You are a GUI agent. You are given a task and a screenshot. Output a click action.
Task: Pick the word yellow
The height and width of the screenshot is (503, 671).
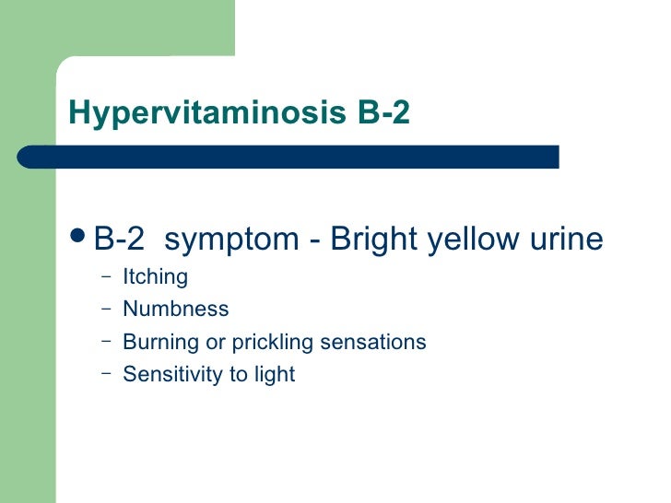tap(472, 240)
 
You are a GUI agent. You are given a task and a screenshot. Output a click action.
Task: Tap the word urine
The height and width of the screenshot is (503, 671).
tap(564, 240)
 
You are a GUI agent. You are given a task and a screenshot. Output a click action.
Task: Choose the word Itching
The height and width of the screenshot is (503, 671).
tap(155, 277)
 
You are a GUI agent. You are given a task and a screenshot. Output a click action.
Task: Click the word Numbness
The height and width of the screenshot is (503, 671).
tap(175, 309)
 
